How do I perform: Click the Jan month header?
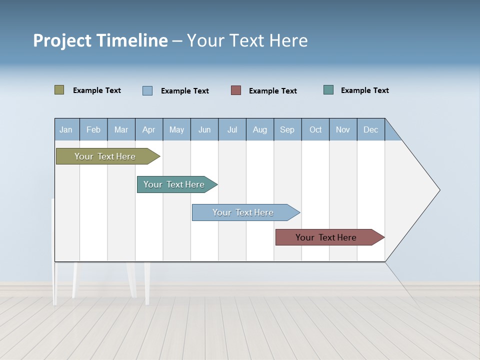click(x=66, y=129)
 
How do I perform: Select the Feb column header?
click(x=93, y=129)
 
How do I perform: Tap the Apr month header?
click(x=149, y=129)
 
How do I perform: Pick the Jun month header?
click(x=204, y=129)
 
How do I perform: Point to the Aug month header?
click(x=260, y=129)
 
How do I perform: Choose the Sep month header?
click(x=287, y=129)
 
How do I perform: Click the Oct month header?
click(x=315, y=129)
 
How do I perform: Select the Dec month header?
click(x=371, y=129)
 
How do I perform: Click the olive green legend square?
click(x=59, y=90)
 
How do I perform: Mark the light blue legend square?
click(x=147, y=90)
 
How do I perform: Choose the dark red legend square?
click(x=236, y=90)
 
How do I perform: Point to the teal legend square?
click(x=328, y=90)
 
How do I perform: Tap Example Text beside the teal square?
click(x=364, y=90)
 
